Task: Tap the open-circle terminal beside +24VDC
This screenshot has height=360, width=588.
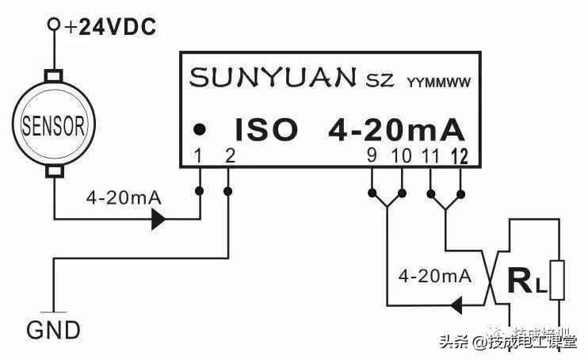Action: (x=54, y=25)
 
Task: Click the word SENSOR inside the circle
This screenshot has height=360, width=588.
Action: (x=53, y=125)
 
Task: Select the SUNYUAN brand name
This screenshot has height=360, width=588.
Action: (x=273, y=78)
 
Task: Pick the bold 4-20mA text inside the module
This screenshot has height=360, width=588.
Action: (x=396, y=128)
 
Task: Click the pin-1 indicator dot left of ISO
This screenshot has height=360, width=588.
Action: (x=201, y=128)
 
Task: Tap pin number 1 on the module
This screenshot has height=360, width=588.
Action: (x=200, y=155)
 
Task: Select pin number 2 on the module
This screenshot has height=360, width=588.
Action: (x=229, y=155)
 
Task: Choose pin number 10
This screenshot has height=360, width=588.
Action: (x=401, y=155)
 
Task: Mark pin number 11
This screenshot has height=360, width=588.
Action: (x=431, y=155)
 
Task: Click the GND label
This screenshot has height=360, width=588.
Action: (x=54, y=330)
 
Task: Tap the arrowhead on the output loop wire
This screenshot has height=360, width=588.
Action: (x=456, y=304)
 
